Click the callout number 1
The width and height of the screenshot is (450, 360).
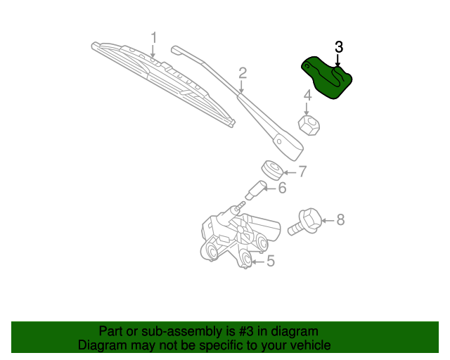point(153,37)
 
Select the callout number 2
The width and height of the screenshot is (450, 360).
point(243,72)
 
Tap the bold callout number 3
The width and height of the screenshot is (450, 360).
point(339,47)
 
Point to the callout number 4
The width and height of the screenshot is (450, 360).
point(307,96)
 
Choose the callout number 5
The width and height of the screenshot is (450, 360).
point(270,262)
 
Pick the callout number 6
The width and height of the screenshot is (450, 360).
point(282,188)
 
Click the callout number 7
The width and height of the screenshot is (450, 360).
point(302,171)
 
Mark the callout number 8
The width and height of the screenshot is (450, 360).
point(340,220)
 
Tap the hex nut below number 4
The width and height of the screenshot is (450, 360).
point(309,125)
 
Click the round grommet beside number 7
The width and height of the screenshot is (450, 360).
point(272,169)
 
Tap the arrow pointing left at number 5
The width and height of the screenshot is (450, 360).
point(257,262)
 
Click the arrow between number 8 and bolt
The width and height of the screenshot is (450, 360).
point(327,221)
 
